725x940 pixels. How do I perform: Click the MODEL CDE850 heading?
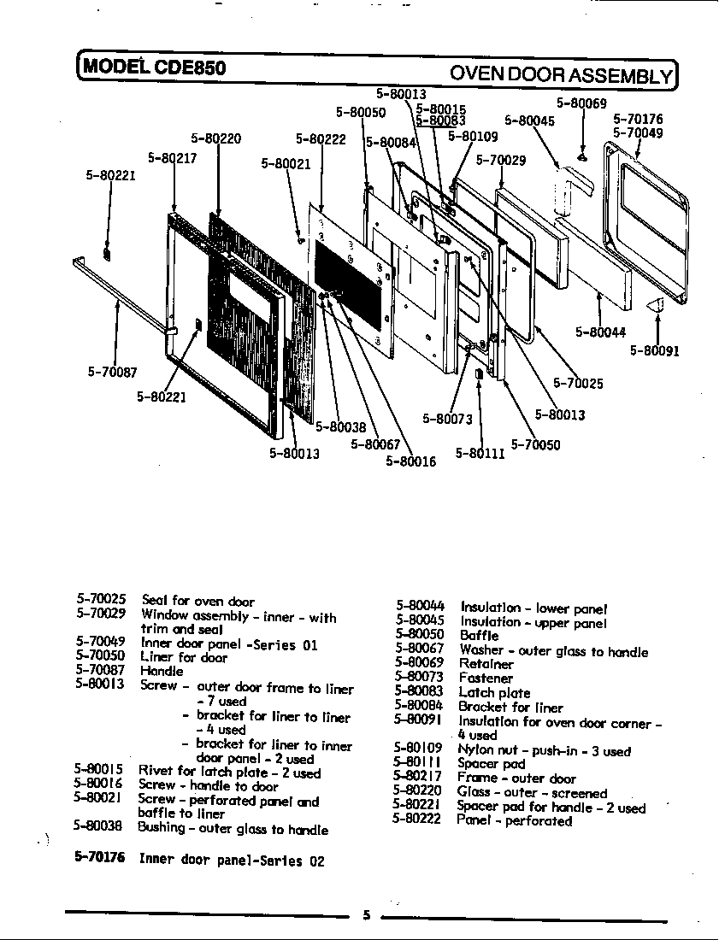coord(155,68)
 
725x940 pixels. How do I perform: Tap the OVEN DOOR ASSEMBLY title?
coord(561,74)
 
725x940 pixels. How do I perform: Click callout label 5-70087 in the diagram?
coord(112,373)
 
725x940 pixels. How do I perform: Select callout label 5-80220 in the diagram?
coord(215,138)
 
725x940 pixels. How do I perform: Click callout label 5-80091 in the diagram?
coord(655,350)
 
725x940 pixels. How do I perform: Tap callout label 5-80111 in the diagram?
coord(480,453)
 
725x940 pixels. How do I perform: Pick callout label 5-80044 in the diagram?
coord(601,332)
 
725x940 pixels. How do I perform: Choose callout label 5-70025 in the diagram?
coord(578,384)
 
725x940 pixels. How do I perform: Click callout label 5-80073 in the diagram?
coord(447,419)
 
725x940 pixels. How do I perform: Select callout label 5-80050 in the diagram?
coord(361,112)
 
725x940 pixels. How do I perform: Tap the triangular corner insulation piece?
coord(655,304)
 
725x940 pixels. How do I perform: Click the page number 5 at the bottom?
coord(366,915)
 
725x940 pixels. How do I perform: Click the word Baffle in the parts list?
coord(479,636)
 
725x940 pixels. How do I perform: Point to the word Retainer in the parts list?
coord(486,664)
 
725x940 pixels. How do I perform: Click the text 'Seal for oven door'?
coord(197,601)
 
